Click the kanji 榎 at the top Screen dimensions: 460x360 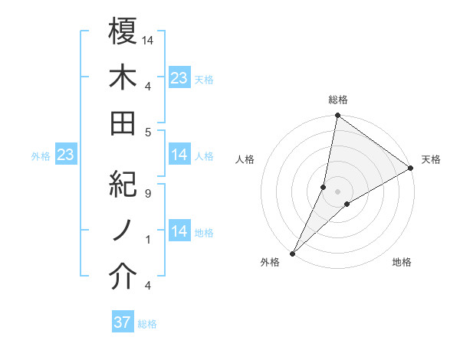click(123, 31)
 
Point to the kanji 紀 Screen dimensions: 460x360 click(123, 185)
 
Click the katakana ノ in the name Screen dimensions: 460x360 click(123, 231)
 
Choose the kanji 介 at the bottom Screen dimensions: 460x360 click(123, 277)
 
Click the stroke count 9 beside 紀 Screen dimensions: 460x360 click(146, 194)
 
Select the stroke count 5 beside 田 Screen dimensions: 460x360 click(146, 132)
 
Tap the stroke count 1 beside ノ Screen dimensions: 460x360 click(146, 240)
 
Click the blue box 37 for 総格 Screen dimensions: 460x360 click(123, 322)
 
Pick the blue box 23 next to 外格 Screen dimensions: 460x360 click(65, 155)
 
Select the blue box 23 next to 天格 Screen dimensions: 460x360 click(179, 77)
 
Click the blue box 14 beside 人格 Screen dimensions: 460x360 click(179, 155)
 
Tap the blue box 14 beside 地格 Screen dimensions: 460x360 click(179, 231)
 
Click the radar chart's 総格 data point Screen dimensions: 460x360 click(337, 116)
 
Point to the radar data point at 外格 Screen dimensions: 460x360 click(292, 254)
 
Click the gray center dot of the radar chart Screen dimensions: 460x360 click(337, 191)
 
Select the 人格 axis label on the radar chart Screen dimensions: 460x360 click(245, 159)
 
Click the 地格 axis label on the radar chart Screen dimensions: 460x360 click(402, 262)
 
